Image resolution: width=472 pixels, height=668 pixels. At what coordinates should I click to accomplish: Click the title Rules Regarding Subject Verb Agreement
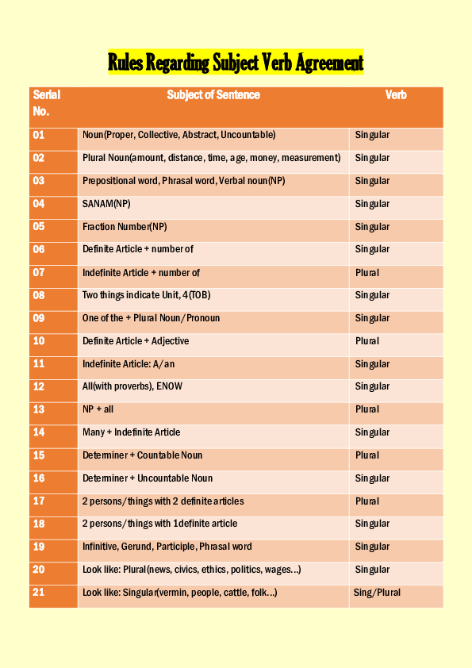pos(236,63)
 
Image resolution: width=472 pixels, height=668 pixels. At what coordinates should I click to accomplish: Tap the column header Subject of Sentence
pos(213,95)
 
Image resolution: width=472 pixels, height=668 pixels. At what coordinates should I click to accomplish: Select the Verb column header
pos(396,95)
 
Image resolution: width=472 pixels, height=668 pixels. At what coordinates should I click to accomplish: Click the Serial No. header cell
pos(47,103)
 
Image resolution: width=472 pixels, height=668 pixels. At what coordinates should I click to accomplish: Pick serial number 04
pos(39,204)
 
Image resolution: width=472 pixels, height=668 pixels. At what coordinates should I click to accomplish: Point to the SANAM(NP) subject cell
pos(106,204)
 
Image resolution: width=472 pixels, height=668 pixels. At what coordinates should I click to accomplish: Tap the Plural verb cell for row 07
pos(367,273)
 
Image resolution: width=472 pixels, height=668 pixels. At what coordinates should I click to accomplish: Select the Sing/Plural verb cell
pos(377,593)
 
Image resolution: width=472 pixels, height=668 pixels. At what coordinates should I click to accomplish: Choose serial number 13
pos(39,409)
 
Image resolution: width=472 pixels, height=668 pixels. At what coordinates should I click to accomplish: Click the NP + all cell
pos(98,409)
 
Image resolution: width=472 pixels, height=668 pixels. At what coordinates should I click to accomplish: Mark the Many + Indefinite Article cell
pos(131,432)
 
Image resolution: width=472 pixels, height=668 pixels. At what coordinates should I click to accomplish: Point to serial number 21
pos(39,593)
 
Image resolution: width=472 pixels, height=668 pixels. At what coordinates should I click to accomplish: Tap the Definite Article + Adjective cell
pos(136,341)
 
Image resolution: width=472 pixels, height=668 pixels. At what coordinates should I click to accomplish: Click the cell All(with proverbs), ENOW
pos(139,386)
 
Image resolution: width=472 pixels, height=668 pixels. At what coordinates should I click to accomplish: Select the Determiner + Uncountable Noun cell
pos(148,478)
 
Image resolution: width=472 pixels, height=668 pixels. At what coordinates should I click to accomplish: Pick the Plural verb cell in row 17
pos(367,501)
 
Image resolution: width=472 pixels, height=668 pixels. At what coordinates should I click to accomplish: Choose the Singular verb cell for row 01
pos(372,136)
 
